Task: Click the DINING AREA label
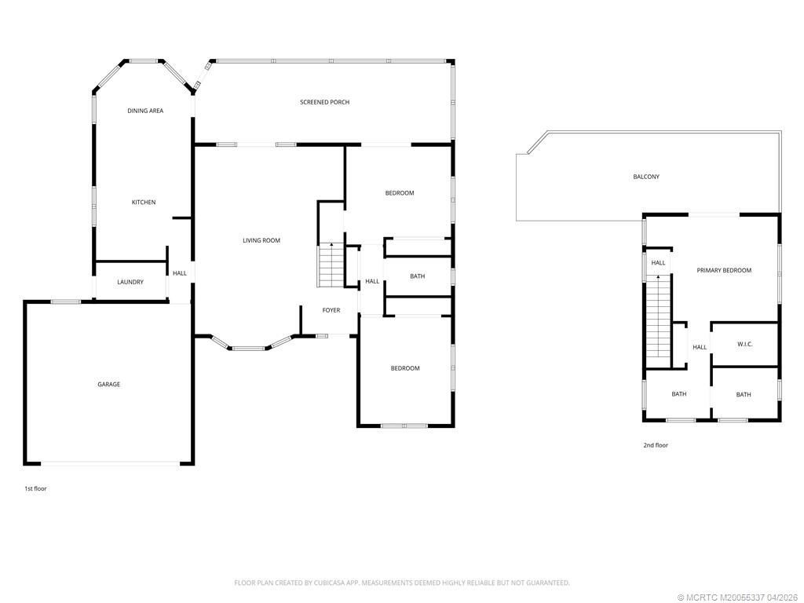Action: click(x=145, y=111)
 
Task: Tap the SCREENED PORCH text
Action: click(x=324, y=102)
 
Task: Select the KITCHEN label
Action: click(x=144, y=203)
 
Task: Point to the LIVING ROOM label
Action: click(x=261, y=240)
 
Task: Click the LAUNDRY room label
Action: click(x=130, y=282)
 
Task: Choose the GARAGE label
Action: click(x=108, y=384)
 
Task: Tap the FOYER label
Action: click(x=331, y=310)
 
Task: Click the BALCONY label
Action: click(x=646, y=177)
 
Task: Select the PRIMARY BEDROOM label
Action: click(x=724, y=270)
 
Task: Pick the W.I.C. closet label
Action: click(x=744, y=344)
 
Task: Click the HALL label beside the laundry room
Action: click(x=180, y=273)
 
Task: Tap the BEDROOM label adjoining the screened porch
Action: click(x=399, y=193)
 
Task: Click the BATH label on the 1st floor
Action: click(x=417, y=276)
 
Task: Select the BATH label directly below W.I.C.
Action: click(x=743, y=395)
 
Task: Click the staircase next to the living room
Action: click(x=331, y=265)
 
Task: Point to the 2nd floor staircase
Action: click(x=658, y=318)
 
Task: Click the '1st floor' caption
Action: click(x=35, y=488)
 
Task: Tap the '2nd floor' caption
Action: click(x=656, y=445)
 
